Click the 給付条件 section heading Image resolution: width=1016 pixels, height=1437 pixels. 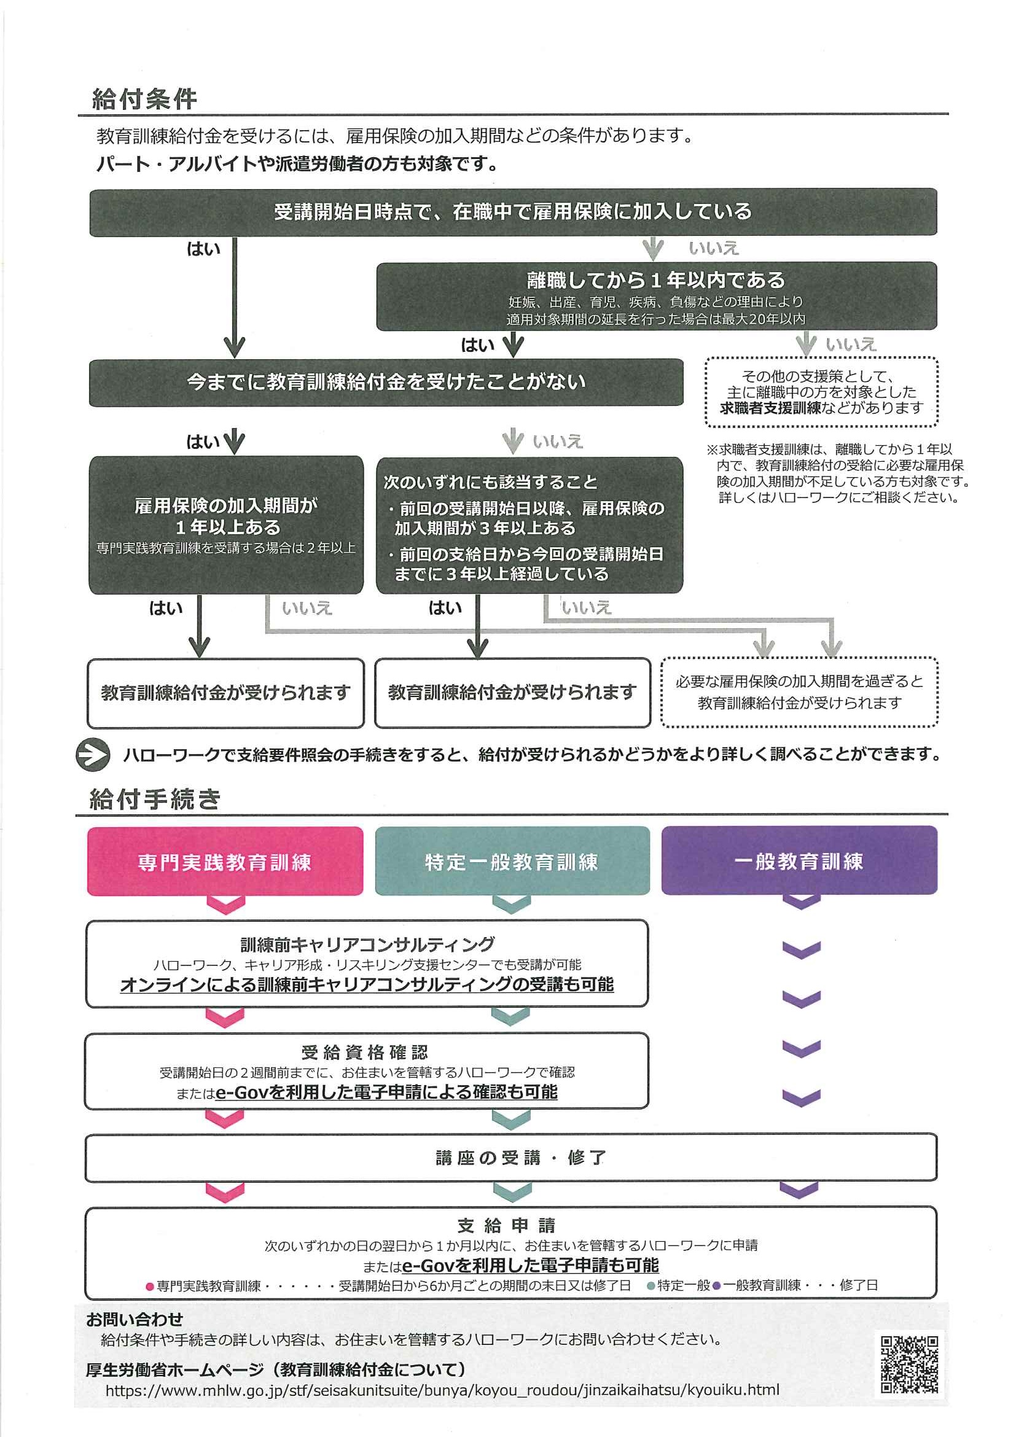144,99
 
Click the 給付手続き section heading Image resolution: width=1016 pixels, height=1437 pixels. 155,799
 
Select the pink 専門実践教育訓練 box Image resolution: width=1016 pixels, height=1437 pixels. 225,861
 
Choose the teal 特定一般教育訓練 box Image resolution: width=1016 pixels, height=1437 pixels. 512,861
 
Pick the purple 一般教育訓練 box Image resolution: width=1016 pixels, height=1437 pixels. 799,860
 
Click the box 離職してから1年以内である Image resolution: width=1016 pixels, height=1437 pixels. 656,295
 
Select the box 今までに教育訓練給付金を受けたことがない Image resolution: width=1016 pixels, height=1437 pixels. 386,382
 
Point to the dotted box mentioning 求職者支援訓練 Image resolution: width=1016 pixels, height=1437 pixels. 821,392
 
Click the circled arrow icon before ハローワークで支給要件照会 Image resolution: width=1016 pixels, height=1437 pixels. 93,754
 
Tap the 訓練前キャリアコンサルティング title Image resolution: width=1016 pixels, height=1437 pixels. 367,944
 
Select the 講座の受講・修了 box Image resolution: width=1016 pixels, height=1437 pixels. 511,1157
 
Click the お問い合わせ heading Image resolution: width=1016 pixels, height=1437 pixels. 135,1320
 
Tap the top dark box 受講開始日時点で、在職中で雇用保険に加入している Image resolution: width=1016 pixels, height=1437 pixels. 513,212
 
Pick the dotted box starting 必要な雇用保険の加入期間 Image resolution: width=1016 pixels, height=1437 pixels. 799,692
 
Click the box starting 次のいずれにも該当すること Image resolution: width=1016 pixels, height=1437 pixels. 529,526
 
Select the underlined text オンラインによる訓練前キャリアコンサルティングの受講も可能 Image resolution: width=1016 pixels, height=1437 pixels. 367,984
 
